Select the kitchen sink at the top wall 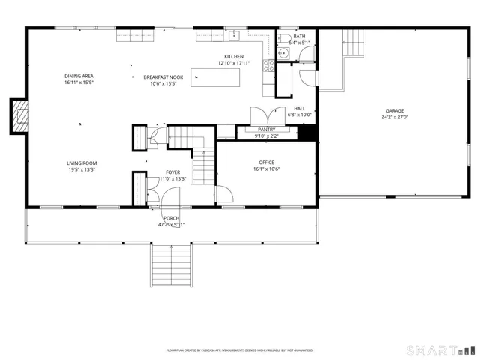235,34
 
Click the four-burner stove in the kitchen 268,66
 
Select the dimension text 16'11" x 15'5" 79,83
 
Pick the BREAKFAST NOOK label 163,77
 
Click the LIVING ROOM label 82,163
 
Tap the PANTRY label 266,130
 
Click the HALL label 300,108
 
